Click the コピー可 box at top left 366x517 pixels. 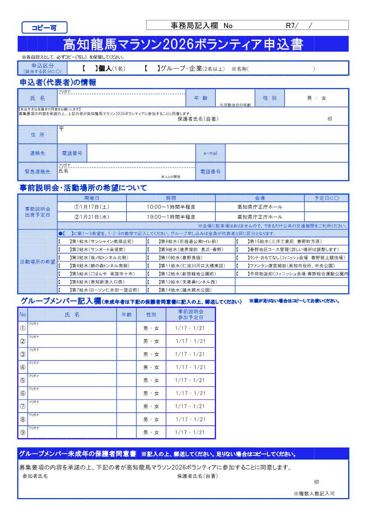click(x=44, y=28)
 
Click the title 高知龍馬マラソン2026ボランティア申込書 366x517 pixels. click(x=183, y=44)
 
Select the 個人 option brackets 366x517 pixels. click(x=90, y=69)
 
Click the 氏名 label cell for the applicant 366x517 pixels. click(x=37, y=98)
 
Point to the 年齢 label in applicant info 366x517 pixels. click(x=201, y=98)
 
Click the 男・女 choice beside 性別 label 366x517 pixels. click(x=316, y=98)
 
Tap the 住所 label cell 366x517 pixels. click(x=37, y=135)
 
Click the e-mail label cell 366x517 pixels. click(x=210, y=153)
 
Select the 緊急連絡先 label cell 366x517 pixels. click(x=37, y=172)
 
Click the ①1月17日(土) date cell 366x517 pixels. click(x=92, y=207)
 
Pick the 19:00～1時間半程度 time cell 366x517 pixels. click(x=171, y=217)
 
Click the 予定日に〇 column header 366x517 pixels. click(x=326, y=198)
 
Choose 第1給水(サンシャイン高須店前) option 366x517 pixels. click(x=101, y=241)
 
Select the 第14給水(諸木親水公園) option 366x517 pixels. click(x=185, y=290)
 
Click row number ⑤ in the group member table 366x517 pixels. click(x=23, y=381)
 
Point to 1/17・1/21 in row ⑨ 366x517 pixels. click(x=190, y=433)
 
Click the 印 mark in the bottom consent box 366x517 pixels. click(x=316, y=482)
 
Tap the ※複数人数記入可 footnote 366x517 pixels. click(x=314, y=493)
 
